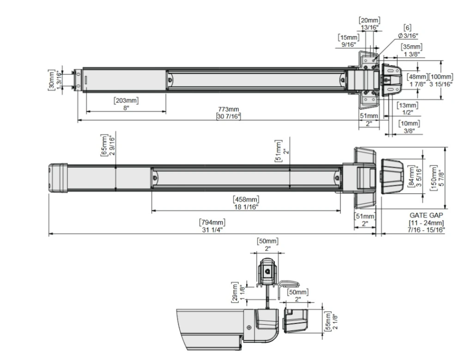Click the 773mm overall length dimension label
coord(228,109)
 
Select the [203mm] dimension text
coord(126,100)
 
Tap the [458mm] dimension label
coord(246,200)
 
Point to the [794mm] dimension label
coord(212,222)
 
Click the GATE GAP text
coord(426,215)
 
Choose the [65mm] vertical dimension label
coord(104,146)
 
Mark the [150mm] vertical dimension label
coord(434,178)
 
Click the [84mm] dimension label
coord(411,177)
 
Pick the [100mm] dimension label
coord(441,77)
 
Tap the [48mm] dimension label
coord(417,77)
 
